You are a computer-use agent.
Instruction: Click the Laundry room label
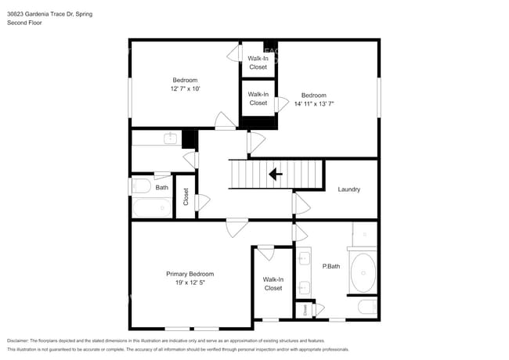coord(349,189)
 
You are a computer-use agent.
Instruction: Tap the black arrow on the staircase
coord(276,175)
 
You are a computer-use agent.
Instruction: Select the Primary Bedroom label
coord(190,274)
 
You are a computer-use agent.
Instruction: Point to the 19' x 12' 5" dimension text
coord(190,283)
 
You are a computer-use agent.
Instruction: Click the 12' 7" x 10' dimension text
coord(185,88)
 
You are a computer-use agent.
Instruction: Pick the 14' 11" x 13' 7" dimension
coord(314,104)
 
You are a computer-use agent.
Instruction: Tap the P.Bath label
coord(331,266)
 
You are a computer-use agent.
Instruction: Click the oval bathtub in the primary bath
coord(363,273)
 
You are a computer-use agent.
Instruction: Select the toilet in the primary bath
coord(367,307)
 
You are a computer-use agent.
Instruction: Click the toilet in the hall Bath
coord(141,186)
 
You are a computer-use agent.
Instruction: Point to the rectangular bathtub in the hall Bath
coord(152,207)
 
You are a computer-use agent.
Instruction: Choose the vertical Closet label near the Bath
coord(186,196)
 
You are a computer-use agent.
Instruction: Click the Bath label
coord(161,188)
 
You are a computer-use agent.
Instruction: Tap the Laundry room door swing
coord(301,203)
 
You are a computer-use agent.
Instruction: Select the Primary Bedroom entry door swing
coord(237,228)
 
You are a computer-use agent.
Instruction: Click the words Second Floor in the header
coord(24,23)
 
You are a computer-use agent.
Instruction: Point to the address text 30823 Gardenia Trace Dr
coord(40,14)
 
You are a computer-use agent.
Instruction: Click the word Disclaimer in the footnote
coord(17,340)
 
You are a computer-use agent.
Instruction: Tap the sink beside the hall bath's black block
coord(171,139)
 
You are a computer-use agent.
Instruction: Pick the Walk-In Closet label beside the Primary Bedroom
coord(273,284)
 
